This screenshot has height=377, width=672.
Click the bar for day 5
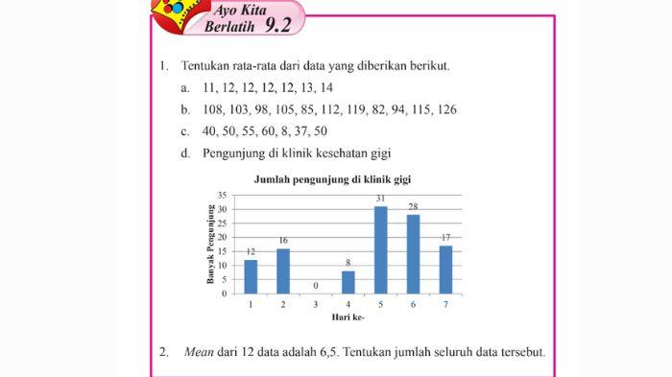tap(381, 250)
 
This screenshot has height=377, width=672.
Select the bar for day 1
tap(251, 276)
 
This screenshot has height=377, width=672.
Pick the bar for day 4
tap(348, 282)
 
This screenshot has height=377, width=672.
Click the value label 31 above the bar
tap(381, 200)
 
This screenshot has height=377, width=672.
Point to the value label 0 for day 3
tap(316, 286)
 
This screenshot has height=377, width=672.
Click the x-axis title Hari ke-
tap(347, 317)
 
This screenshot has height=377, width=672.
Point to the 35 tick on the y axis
tap(222, 195)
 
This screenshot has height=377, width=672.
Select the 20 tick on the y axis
tap(222, 237)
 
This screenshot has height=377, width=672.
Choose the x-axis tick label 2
tap(283, 304)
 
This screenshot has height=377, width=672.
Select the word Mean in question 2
tap(198, 351)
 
